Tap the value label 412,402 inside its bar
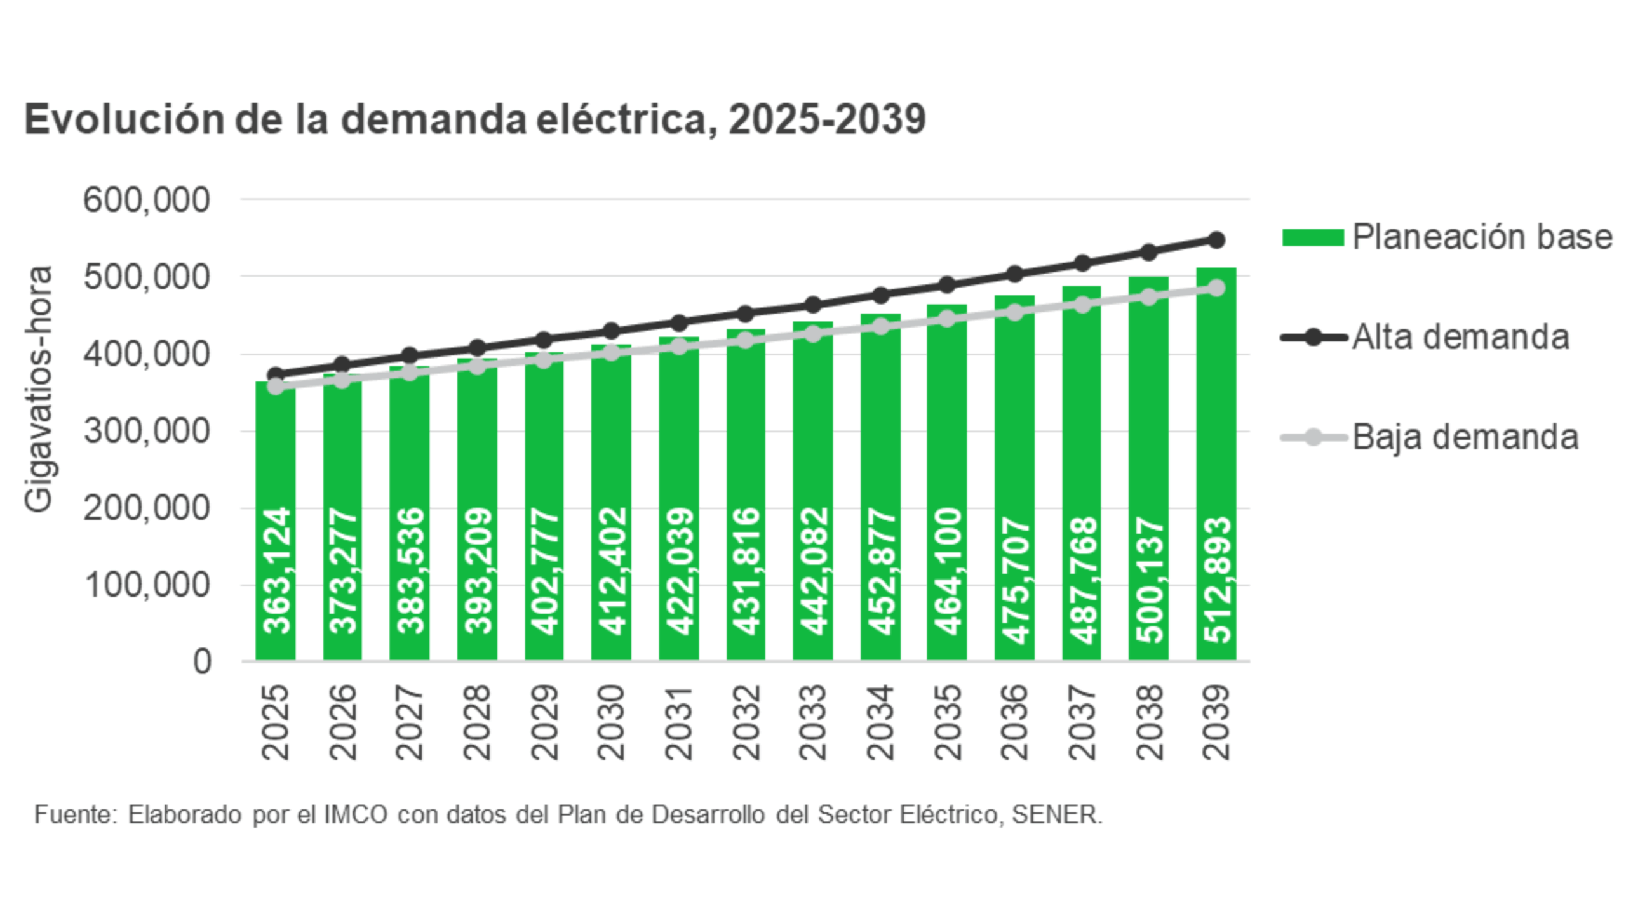[x=612, y=571]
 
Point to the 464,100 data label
[x=948, y=571]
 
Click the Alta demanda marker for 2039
[x=1216, y=240]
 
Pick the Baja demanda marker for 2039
[x=1216, y=288]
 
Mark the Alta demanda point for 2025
[x=276, y=374]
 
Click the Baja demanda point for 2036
[x=1014, y=312]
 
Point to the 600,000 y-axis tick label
[x=146, y=200]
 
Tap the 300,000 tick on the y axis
[x=146, y=432]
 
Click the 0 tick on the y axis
[x=202, y=662]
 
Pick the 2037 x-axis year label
[x=1082, y=722]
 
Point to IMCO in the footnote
[x=356, y=814]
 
